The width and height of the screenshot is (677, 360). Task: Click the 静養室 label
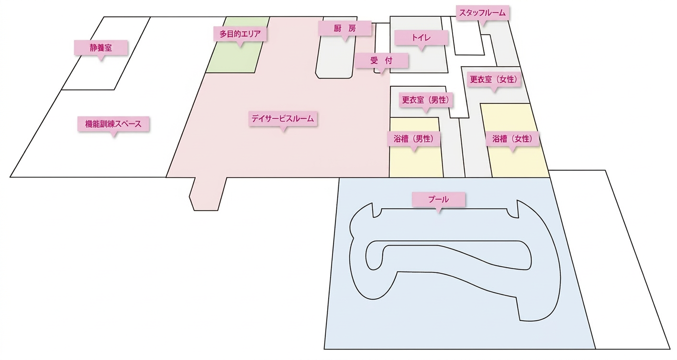coord(101,48)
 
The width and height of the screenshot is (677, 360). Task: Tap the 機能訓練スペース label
coord(113,124)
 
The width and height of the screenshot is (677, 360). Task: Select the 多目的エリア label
coord(240,34)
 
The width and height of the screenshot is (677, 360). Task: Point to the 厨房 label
coord(345,28)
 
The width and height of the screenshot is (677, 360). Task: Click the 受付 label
coord(381,60)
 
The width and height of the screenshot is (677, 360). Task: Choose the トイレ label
coord(422,38)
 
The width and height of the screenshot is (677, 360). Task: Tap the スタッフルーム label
coord(482,13)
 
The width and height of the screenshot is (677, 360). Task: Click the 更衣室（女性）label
coord(494,79)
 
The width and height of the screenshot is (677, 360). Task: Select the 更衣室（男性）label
coord(426,100)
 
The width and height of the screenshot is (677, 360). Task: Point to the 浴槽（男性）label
coord(414,139)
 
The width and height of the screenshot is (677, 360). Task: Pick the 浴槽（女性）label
coord(512,139)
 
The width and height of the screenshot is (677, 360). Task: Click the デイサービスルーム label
coord(283,119)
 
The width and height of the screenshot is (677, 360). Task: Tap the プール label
coord(439,200)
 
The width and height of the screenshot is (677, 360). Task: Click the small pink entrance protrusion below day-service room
coord(208,193)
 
